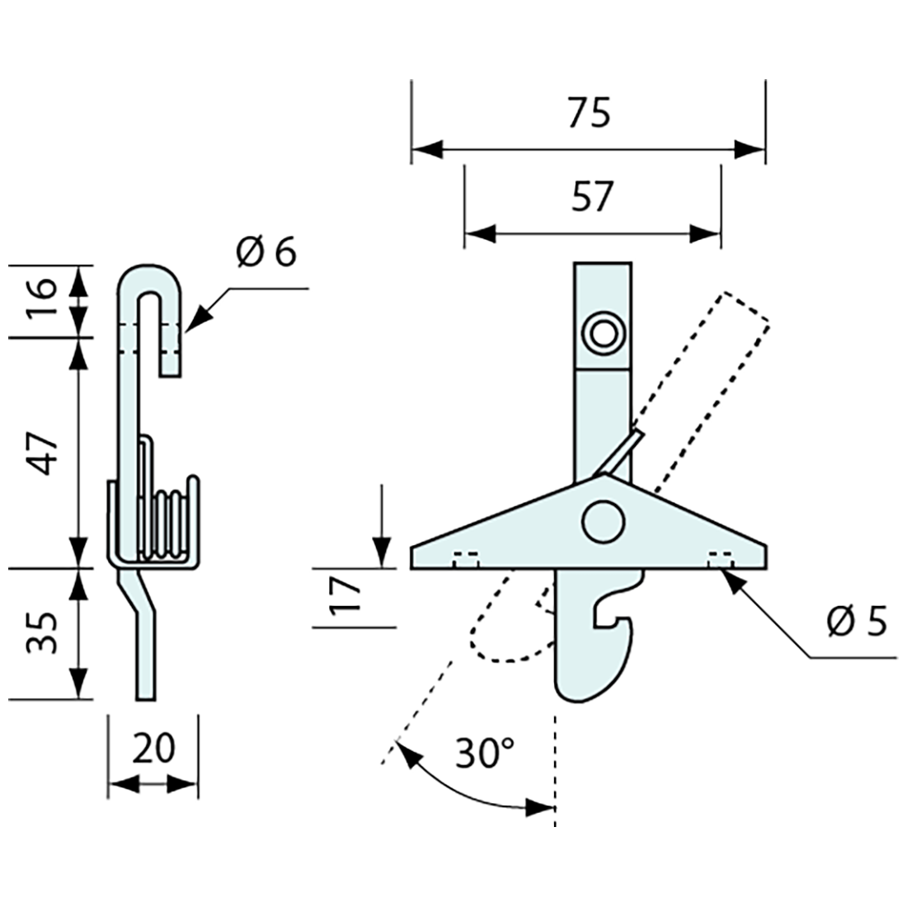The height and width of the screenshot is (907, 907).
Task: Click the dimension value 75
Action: pos(589,113)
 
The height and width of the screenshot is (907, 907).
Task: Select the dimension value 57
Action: pos(592,197)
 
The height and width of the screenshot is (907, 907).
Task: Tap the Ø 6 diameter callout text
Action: pos(265,252)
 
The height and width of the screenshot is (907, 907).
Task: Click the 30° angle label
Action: pos(486,753)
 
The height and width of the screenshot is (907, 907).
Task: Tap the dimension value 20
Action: pos(153,749)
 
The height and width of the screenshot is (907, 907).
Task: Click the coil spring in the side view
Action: pos(169,524)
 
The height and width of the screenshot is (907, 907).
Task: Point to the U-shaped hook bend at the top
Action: pos(148,279)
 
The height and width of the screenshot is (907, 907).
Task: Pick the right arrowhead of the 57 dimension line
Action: pos(706,233)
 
